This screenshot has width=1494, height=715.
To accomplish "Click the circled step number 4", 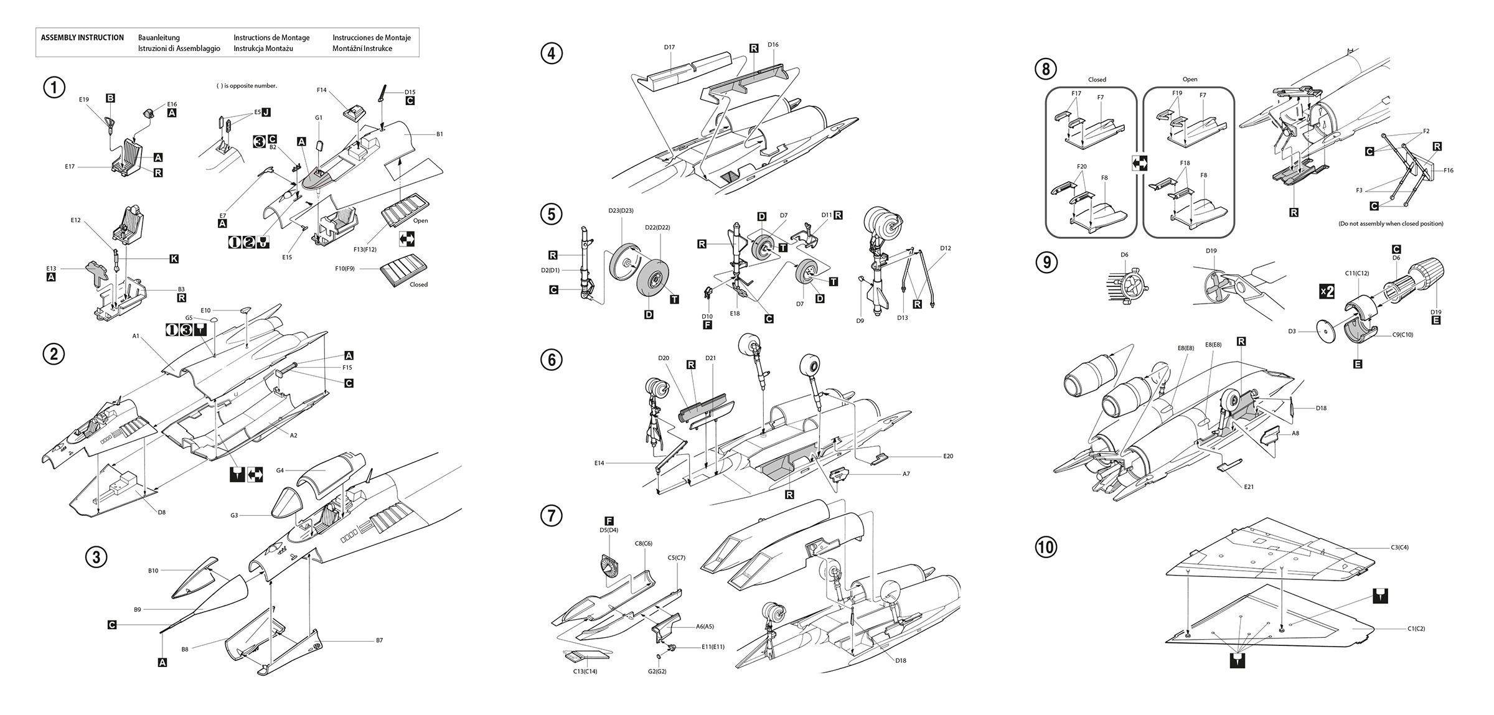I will tap(552, 53).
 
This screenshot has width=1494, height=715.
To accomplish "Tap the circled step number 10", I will tap(1046, 547).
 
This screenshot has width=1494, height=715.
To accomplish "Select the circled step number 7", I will tap(552, 515).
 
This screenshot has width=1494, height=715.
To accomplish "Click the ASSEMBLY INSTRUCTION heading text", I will tap(82, 37).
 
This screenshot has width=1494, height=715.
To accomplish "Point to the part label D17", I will tap(669, 47).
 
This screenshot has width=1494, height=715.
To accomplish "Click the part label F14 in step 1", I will tap(321, 90).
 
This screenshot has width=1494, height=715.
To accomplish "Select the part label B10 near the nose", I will tap(153, 571).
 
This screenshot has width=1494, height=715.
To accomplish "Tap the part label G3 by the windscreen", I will tap(234, 515).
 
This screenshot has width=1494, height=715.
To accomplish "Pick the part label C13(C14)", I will tap(585, 671).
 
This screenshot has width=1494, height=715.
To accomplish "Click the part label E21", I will tap(1249, 487).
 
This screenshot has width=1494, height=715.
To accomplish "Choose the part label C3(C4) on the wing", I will tap(1399, 548).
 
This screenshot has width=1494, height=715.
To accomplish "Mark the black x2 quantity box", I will tap(1327, 291).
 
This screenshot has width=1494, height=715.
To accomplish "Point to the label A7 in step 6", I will tap(906, 474).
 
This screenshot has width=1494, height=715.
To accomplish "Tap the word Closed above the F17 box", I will tap(1097, 80).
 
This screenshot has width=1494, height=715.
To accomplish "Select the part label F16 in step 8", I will tap(1449, 171).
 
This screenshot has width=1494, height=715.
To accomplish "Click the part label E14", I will tap(599, 463).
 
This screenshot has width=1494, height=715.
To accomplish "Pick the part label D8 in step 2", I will tap(161, 512).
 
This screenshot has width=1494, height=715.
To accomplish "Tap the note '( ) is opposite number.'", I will tap(247, 86).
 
